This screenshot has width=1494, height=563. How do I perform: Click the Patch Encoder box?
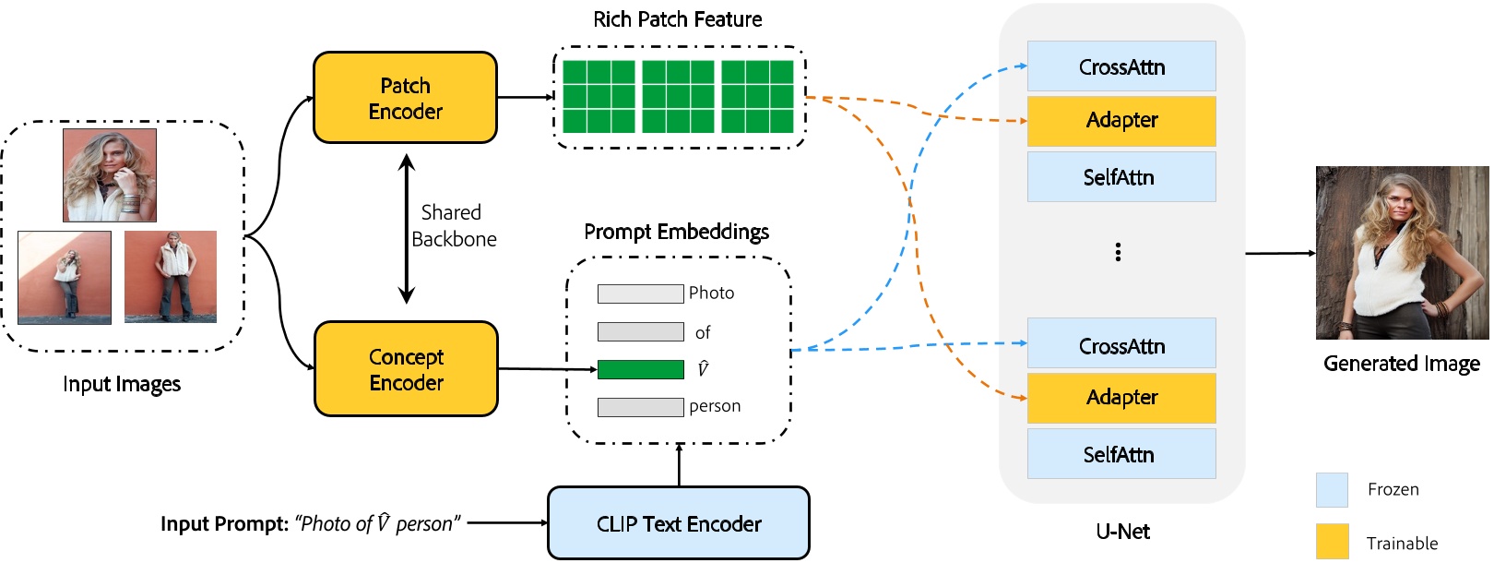point(405,98)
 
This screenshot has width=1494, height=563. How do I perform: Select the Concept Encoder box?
point(406,369)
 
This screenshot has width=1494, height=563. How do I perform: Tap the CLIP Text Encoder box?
point(679,523)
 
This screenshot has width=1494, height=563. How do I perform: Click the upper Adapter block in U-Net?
point(1121,121)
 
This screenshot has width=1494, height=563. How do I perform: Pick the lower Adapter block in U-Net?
point(1121,398)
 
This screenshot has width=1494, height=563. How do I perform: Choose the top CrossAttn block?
point(1121,66)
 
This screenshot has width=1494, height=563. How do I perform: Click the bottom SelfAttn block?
point(1121,454)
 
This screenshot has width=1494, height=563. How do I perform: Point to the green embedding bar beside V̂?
point(640,369)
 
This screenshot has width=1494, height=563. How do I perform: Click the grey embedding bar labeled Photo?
point(640,293)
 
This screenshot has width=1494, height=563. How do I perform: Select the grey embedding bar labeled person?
point(640,407)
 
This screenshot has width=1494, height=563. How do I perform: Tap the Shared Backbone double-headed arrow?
point(406,229)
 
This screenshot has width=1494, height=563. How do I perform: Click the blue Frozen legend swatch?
point(1332,490)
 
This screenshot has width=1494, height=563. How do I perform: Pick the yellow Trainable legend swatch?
point(1332,542)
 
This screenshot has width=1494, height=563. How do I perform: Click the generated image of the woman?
point(1402,253)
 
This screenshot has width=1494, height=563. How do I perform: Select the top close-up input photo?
point(110,175)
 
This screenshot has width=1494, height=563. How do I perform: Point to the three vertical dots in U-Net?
point(1118,252)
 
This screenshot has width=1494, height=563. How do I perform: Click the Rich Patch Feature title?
point(677,19)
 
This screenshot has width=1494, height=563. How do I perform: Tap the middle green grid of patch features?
point(678,97)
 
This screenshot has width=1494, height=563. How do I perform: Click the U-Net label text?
point(1122,532)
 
